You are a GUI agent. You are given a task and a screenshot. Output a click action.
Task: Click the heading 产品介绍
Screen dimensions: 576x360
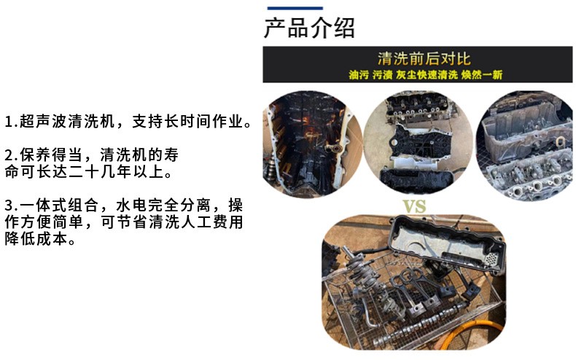tap(309, 28)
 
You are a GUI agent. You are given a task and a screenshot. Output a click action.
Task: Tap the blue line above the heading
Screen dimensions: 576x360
tap(295, 8)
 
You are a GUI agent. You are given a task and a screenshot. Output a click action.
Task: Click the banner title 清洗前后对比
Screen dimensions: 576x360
tap(424, 59)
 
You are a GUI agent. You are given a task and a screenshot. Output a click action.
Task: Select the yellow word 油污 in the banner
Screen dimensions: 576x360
tap(359, 75)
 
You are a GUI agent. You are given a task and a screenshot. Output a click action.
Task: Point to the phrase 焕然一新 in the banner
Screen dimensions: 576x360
tap(482, 75)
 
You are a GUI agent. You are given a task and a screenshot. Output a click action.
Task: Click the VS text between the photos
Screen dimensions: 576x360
tap(414, 206)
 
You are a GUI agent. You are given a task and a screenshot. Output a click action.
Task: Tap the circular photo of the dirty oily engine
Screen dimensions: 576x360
tap(312, 144)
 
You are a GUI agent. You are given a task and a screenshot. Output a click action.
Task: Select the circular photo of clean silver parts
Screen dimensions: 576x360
tap(525, 146)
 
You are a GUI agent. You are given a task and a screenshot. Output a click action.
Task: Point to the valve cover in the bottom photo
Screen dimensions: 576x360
tap(446, 243)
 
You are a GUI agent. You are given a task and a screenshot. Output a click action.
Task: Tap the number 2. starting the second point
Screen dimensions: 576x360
tap(12, 155)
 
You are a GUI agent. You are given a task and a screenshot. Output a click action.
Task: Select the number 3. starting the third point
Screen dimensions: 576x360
tap(12, 206)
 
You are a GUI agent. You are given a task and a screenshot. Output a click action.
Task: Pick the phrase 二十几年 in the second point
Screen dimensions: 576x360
tap(100, 171)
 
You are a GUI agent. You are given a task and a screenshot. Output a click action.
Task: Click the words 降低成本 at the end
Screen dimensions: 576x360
tap(36, 239)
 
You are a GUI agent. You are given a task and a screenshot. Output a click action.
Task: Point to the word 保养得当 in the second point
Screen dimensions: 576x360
tap(51, 155)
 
